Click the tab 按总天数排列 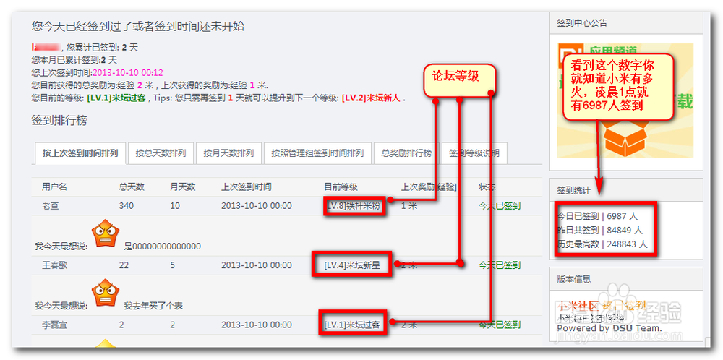(x=161, y=153)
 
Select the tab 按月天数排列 (x=228, y=153)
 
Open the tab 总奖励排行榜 (x=406, y=153)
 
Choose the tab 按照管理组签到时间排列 (x=317, y=153)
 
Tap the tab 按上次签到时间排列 (x=80, y=153)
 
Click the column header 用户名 (x=54, y=187)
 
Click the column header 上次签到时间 (x=247, y=187)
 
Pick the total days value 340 (x=127, y=205)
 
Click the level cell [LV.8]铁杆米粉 (x=352, y=205)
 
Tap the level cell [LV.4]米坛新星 (x=352, y=265)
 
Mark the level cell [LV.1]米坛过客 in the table (x=352, y=325)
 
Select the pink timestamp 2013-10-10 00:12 (x=128, y=72)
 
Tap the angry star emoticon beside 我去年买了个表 (x=105, y=291)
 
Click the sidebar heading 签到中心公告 (x=582, y=23)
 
